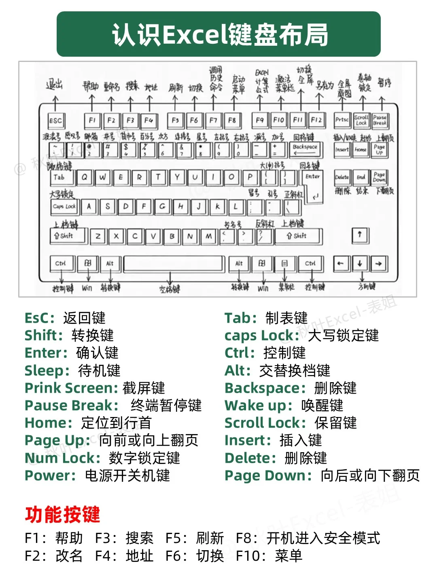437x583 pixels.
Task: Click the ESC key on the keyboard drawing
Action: point(56,121)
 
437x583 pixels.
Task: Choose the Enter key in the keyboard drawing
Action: point(313,184)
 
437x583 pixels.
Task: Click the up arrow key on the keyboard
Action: point(360,234)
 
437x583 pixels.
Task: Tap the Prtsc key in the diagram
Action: point(342,120)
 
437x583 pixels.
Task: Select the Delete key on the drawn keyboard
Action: point(342,177)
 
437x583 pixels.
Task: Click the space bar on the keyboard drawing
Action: point(174,264)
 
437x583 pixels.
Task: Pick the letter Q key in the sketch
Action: point(84,177)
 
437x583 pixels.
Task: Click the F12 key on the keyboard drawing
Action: point(316,120)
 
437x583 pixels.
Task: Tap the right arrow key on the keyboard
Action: point(379,264)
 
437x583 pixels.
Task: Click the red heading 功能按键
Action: point(62,515)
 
